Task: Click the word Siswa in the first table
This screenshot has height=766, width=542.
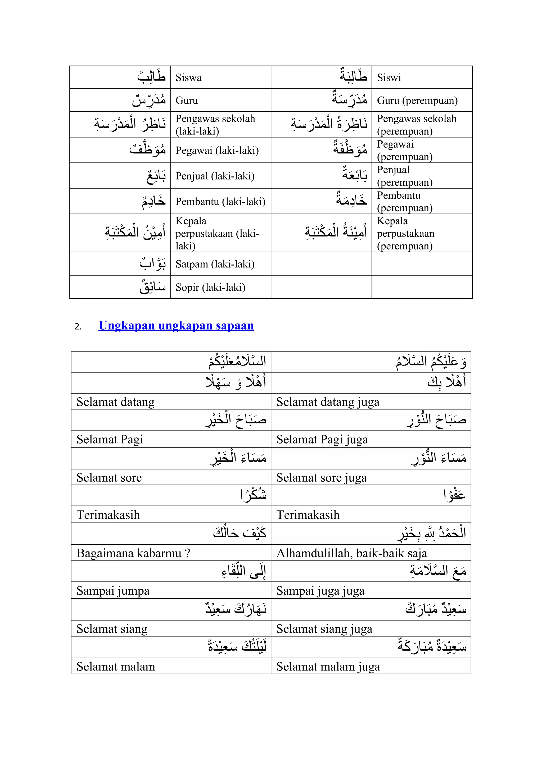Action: click(x=189, y=78)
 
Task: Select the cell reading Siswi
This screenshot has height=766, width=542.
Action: click(x=389, y=78)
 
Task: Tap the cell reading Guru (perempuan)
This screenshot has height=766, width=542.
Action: click(x=417, y=101)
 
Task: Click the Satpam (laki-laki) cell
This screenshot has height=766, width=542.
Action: click(x=215, y=264)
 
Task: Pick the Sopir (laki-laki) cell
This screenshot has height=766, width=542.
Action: click(x=210, y=287)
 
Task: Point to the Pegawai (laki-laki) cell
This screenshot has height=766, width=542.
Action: click(x=217, y=151)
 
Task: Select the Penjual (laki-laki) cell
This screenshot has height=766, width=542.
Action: click(x=215, y=176)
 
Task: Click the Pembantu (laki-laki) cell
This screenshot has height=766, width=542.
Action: click(x=220, y=202)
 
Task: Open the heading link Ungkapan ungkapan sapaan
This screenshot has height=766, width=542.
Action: click(x=176, y=325)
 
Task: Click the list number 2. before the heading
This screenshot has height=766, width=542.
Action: click(x=78, y=327)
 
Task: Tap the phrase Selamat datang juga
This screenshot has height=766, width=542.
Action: click(x=328, y=402)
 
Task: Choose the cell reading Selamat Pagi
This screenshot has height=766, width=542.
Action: click(x=110, y=439)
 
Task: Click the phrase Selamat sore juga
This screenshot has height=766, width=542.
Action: click(x=321, y=478)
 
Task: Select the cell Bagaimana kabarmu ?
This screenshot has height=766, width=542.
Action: click(x=133, y=553)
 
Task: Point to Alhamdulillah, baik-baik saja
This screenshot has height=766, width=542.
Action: click(x=351, y=553)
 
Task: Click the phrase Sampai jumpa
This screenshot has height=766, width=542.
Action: click(x=113, y=591)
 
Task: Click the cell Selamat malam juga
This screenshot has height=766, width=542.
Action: click(x=328, y=667)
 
